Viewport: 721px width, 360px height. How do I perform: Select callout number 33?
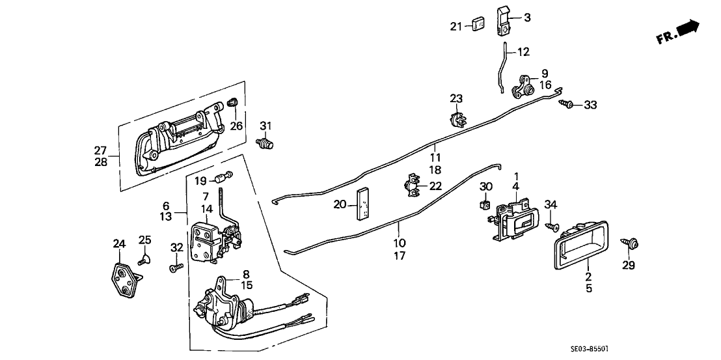(590, 105)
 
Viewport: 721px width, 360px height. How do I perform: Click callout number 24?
(118, 244)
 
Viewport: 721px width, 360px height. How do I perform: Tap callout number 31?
(265, 126)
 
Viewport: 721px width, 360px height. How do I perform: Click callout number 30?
(485, 187)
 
